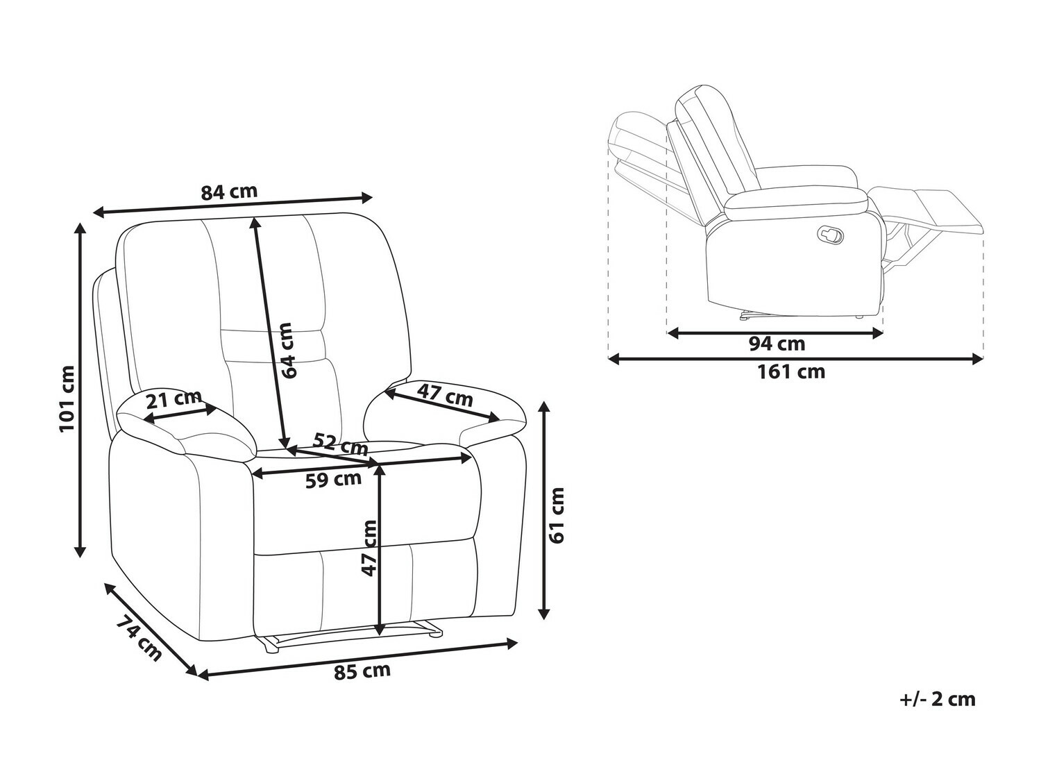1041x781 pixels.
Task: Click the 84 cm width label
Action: coord(229,191)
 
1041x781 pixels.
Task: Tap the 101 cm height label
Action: coord(67,398)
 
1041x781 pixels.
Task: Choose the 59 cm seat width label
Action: coord(333,480)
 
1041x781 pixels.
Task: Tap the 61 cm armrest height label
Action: coord(557,514)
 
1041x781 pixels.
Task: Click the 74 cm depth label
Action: coord(139,638)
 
